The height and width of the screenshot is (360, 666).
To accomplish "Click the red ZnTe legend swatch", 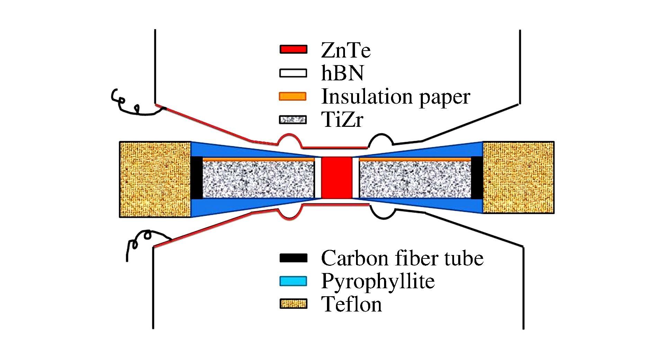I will pyautogui.click(x=293, y=49).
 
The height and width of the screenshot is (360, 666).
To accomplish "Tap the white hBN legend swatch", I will pyautogui.click(x=293, y=73).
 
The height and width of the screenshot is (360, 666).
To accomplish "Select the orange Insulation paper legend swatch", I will pyautogui.click(x=293, y=96).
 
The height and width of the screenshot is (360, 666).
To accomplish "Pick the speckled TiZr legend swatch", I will pyautogui.click(x=293, y=120).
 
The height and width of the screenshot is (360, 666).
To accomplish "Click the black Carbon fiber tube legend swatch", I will pyautogui.click(x=293, y=258).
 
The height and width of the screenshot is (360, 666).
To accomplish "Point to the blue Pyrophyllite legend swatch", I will pyautogui.click(x=293, y=281).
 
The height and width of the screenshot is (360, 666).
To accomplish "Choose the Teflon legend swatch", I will pyautogui.click(x=293, y=304).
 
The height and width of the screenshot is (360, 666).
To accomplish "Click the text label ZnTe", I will pyautogui.click(x=346, y=50).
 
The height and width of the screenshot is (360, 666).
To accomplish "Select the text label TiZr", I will pyautogui.click(x=342, y=120).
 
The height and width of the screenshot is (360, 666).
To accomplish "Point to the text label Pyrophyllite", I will pyautogui.click(x=378, y=281).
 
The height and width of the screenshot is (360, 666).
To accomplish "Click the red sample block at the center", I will pyautogui.click(x=337, y=177).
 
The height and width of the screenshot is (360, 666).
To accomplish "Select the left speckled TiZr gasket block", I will pyautogui.click(x=258, y=179).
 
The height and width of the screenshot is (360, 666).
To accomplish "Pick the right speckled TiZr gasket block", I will pyautogui.click(x=415, y=179).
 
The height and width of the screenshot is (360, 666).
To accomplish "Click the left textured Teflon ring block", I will pyautogui.click(x=155, y=179).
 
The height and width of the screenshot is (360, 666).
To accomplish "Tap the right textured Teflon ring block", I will pyautogui.click(x=518, y=177).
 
